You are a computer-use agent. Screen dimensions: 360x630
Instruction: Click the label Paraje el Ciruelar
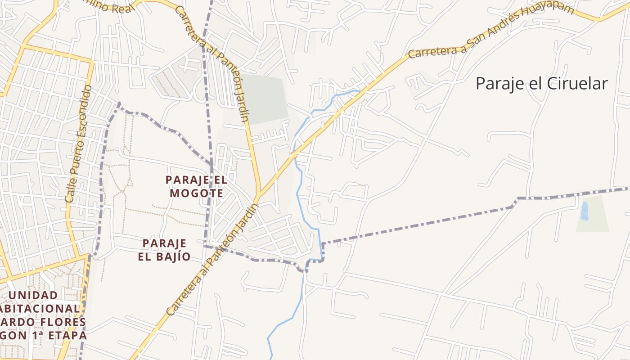click(x=541, y=84)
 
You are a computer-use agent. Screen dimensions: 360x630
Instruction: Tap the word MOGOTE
click(x=196, y=193)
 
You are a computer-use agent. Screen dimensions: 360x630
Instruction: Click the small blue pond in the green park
click(x=584, y=211)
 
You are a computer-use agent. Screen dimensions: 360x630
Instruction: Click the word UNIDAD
click(x=33, y=295)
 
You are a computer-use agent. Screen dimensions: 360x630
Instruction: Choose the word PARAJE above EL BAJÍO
click(x=164, y=243)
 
